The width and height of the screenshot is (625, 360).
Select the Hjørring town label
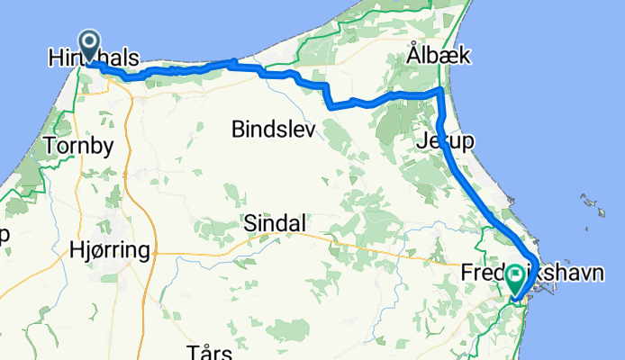(108, 253)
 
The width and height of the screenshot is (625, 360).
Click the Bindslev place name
(273, 130)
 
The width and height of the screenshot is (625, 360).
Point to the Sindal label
(276, 223)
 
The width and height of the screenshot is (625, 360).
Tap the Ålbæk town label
(433, 56)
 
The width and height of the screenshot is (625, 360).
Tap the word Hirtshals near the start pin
(94, 59)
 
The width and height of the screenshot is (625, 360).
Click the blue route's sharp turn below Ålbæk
(439, 92)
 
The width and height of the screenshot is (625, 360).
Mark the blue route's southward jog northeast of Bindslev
(328, 95)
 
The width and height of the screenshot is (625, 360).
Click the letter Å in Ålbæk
(412, 55)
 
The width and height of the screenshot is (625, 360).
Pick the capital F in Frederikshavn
(466, 271)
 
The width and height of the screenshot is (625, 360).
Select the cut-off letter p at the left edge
(5, 236)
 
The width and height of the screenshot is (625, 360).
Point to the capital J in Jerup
(420, 141)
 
